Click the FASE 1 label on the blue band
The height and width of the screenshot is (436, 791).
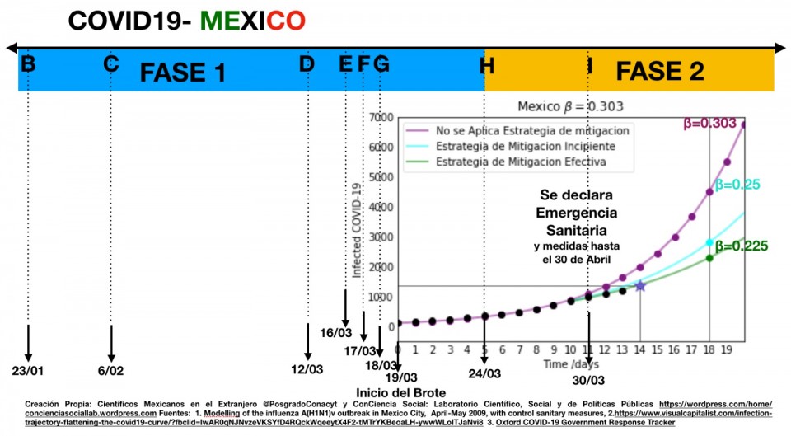(x=183, y=73)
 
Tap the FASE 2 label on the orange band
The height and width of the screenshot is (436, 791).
(x=660, y=72)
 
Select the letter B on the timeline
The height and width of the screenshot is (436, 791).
(x=29, y=63)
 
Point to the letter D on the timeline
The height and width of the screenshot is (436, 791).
(x=307, y=63)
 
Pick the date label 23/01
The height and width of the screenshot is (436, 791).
(x=28, y=370)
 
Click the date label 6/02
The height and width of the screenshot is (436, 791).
(x=110, y=370)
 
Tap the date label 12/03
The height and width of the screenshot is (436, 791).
(x=307, y=370)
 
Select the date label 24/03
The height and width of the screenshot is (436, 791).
(x=484, y=373)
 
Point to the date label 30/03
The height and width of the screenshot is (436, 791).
(x=588, y=380)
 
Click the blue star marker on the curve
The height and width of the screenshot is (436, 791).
(x=639, y=285)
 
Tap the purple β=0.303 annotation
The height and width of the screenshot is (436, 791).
(x=709, y=124)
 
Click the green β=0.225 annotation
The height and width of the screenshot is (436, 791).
(x=742, y=245)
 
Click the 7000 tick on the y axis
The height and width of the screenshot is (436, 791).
(x=381, y=118)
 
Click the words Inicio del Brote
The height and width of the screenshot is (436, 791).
(x=401, y=391)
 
